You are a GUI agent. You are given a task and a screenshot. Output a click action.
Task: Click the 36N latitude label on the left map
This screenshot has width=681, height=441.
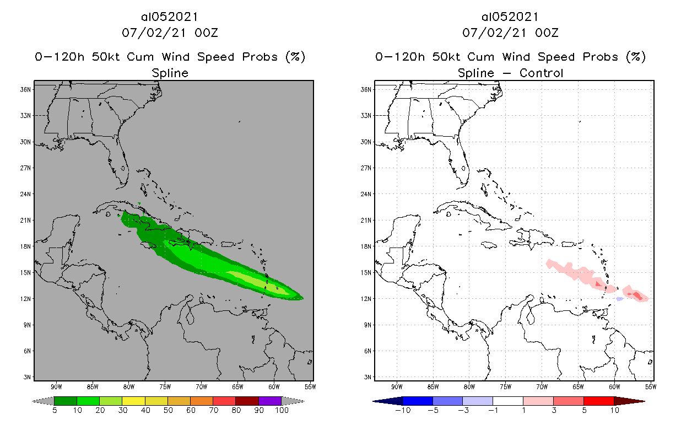click(x=25, y=89)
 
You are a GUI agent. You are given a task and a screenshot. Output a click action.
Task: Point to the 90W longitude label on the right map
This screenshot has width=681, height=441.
click(x=396, y=386)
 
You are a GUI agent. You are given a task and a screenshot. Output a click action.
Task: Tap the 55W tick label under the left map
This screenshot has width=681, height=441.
click(x=310, y=386)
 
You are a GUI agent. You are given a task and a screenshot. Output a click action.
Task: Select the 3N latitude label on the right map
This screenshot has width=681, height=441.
click(x=365, y=377)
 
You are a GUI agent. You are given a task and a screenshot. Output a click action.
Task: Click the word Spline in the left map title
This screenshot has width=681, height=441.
click(x=170, y=73)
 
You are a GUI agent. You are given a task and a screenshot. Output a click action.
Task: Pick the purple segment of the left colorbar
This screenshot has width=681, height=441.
click(x=270, y=401)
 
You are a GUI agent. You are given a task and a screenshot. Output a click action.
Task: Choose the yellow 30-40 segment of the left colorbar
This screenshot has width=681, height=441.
click(x=134, y=401)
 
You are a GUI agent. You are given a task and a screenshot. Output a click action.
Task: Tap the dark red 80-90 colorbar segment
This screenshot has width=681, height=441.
click(x=247, y=401)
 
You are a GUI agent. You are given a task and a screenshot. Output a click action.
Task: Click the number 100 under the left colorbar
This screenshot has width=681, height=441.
click(x=282, y=410)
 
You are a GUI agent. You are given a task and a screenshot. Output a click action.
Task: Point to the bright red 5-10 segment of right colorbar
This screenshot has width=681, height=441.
click(x=598, y=401)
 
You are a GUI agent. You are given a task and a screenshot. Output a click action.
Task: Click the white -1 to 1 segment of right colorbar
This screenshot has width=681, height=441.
click(x=508, y=401)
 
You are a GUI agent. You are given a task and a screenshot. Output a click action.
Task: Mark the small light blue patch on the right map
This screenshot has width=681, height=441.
click(x=619, y=299)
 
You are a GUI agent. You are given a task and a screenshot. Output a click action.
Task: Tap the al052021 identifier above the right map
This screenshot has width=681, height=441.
click(x=510, y=17)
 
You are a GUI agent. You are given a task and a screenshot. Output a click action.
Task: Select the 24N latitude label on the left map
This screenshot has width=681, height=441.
click(x=25, y=194)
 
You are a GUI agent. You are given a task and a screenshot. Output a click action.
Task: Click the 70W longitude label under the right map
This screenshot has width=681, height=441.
click(x=542, y=386)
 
